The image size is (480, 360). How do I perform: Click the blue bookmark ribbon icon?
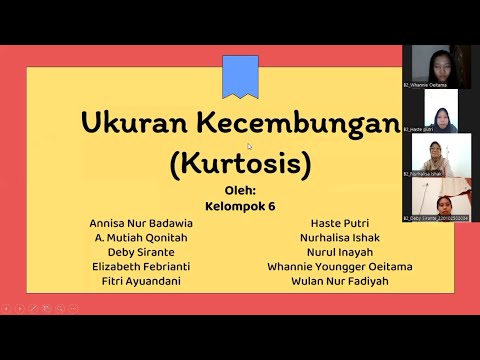click(x=240, y=76)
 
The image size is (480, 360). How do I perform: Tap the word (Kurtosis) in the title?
click(x=239, y=161)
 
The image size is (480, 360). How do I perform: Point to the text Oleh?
click(x=239, y=191)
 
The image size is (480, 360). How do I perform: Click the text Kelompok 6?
click(x=239, y=207)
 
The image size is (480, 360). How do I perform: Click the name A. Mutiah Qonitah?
click(x=140, y=238)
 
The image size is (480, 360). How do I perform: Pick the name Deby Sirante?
click(x=140, y=252)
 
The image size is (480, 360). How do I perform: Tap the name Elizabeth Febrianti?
click(x=140, y=267)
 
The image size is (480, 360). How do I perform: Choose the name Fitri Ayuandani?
click(x=140, y=281)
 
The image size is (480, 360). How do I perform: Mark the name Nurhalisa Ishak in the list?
click(x=339, y=238)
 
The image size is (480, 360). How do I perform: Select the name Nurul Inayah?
click(x=339, y=252)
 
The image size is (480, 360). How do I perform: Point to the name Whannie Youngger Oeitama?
click(x=339, y=267)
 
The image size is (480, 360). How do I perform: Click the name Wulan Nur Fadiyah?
click(x=339, y=281)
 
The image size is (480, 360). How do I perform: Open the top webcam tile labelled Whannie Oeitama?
click(x=436, y=66)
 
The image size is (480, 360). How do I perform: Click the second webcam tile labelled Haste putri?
click(x=436, y=111)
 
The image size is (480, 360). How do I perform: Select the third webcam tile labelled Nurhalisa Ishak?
click(x=436, y=155)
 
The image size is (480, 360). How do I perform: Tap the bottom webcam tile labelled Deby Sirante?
click(x=436, y=199)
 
